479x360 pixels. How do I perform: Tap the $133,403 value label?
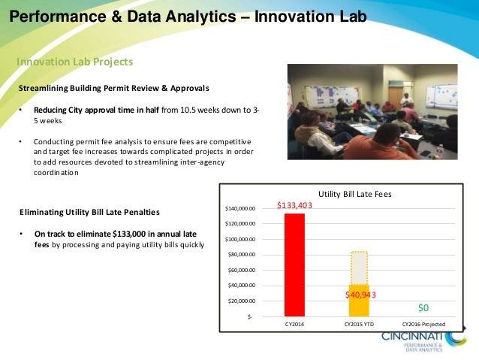tap(294, 204)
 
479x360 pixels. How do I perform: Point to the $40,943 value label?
tap(360, 295)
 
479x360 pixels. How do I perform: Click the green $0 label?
tap(423, 308)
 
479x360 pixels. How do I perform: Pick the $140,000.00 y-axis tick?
tap(240, 208)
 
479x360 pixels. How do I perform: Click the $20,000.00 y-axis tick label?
tap(241, 301)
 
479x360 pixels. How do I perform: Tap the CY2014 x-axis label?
tap(294, 325)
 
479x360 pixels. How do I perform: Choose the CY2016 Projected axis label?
tap(424, 325)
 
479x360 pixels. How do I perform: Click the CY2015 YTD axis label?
tap(359, 325)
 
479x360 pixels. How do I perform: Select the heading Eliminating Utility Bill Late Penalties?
tap(89, 213)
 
